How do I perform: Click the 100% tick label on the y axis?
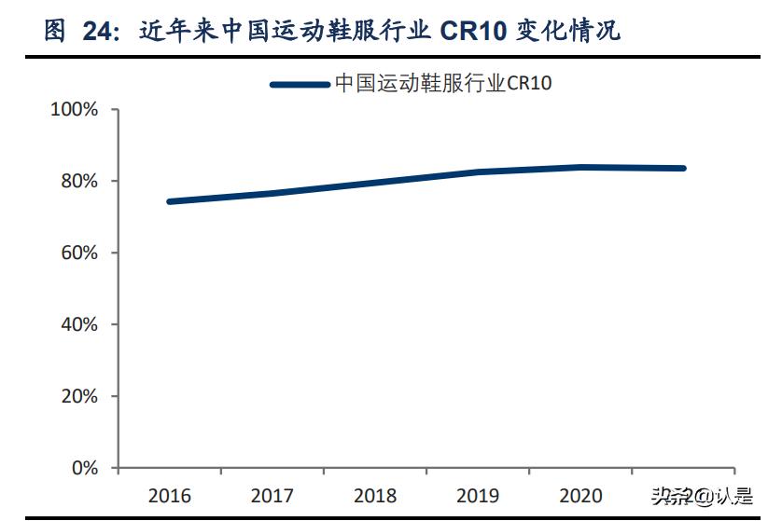pyautogui.click(x=75, y=110)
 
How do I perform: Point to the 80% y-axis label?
pyautogui.click(x=79, y=181)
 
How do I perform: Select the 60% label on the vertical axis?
pyautogui.click(x=79, y=253)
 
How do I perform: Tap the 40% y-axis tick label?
pyautogui.click(x=79, y=324)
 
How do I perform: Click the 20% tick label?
pyautogui.click(x=79, y=396)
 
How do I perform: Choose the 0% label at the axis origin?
pyautogui.click(x=84, y=468)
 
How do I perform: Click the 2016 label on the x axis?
pyautogui.click(x=168, y=494)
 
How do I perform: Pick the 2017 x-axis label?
pyautogui.click(x=272, y=494)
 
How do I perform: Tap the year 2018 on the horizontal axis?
pyautogui.click(x=375, y=494)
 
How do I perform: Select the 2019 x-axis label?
pyautogui.click(x=478, y=494)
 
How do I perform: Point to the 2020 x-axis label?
pyautogui.click(x=580, y=494)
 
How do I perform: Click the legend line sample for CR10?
pyautogui.click(x=299, y=85)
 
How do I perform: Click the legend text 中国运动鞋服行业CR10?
pyautogui.click(x=443, y=84)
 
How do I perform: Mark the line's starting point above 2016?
pyautogui.click(x=170, y=201)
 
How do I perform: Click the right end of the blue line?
pyautogui.click(x=683, y=169)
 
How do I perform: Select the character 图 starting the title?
pyautogui.click(x=55, y=32)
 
